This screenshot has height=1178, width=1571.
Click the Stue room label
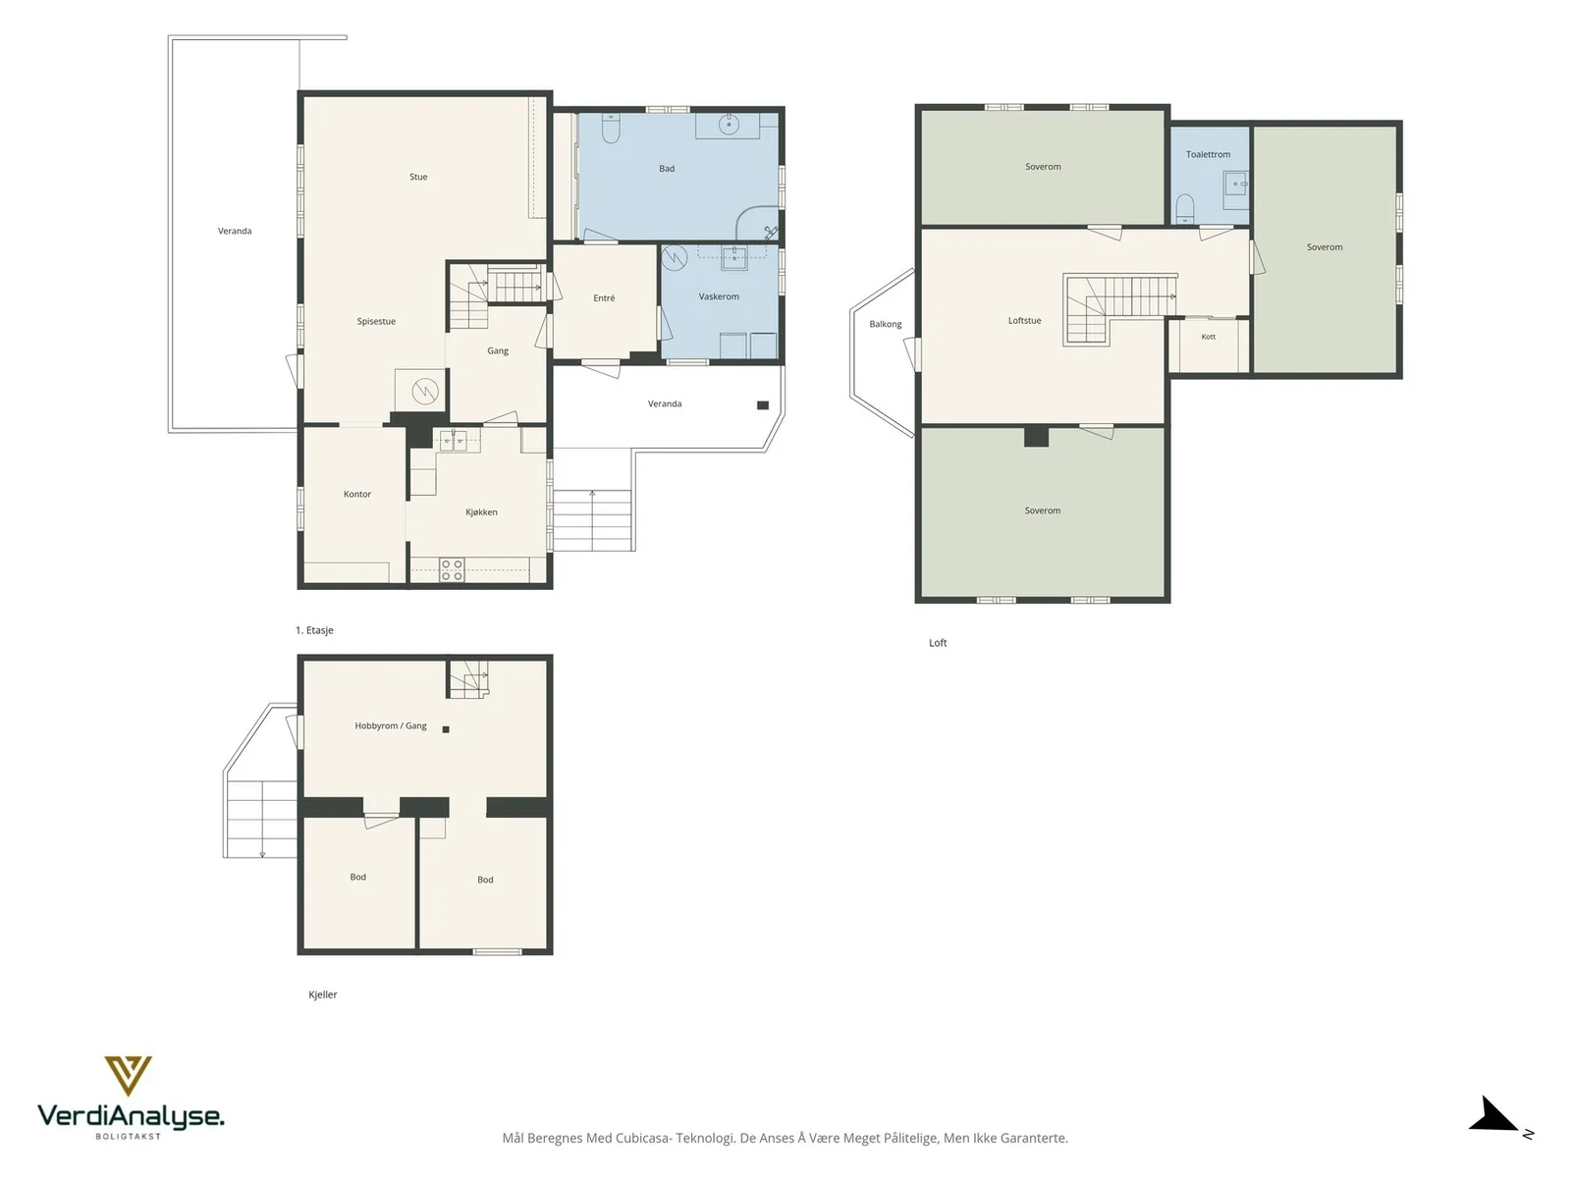(x=418, y=177)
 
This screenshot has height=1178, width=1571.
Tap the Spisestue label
(x=376, y=322)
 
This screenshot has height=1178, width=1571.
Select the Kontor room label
(x=357, y=494)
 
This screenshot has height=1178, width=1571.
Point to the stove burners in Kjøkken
(x=452, y=570)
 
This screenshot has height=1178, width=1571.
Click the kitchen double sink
(x=453, y=440)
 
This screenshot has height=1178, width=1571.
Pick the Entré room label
(x=604, y=298)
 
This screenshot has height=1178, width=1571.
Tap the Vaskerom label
(x=719, y=296)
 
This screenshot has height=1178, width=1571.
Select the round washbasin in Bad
(x=729, y=125)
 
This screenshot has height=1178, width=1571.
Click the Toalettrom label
(x=1208, y=154)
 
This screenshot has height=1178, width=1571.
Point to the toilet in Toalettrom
(x=1185, y=208)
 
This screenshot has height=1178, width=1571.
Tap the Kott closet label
(x=1208, y=337)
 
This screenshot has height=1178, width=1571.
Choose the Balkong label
(x=886, y=325)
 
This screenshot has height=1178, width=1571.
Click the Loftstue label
(x=1024, y=321)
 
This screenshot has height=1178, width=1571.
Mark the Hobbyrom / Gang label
(x=391, y=726)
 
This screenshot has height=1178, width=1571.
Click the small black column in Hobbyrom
(x=446, y=729)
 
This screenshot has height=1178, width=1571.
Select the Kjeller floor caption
(x=323, y=994)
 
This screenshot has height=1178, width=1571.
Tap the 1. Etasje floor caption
(x=314, y=630)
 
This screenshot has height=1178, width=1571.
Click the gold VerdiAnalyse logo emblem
(x=128, y=1076)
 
